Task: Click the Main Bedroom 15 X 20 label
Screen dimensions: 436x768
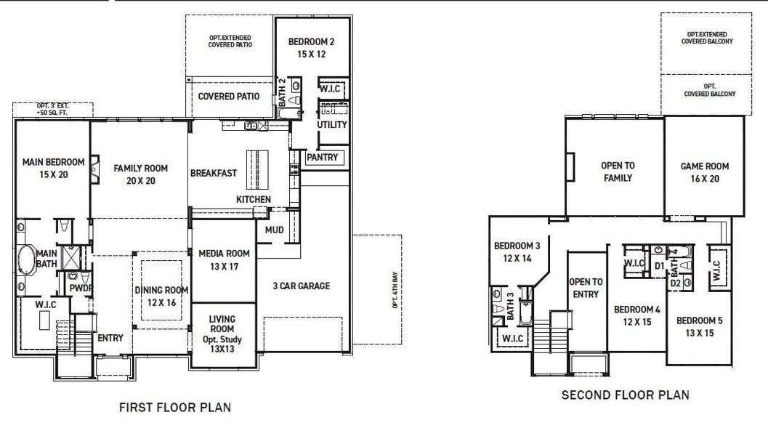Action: click(x=53, y=168)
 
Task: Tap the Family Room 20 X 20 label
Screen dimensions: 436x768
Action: click(x=140, y=174)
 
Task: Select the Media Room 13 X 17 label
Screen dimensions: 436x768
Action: click(x=224, y=259)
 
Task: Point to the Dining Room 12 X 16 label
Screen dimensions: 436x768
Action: click(x=161, y=296)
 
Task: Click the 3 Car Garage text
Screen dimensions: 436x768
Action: click(x=302, y=286)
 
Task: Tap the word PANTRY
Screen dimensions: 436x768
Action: click(x=322, y=157)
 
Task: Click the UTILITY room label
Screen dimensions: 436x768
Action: click(x=332, y=125)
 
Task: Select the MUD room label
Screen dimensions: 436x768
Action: click(x=274, y=230)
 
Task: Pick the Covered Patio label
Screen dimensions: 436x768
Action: click(x=227, y=97)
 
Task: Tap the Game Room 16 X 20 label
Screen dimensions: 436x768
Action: click(x=704, y=172)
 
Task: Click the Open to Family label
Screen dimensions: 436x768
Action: click(x=617, y=171)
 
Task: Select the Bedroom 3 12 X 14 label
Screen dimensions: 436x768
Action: click(x=517, y=251)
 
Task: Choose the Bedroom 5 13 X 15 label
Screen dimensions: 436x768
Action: click(x=700, y=326)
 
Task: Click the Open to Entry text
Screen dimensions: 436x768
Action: click(x=586, y=288)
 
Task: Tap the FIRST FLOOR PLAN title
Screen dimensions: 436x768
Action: click(x=175, y=408)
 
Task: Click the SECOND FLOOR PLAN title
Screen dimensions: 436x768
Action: click(x=626, y=395)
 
